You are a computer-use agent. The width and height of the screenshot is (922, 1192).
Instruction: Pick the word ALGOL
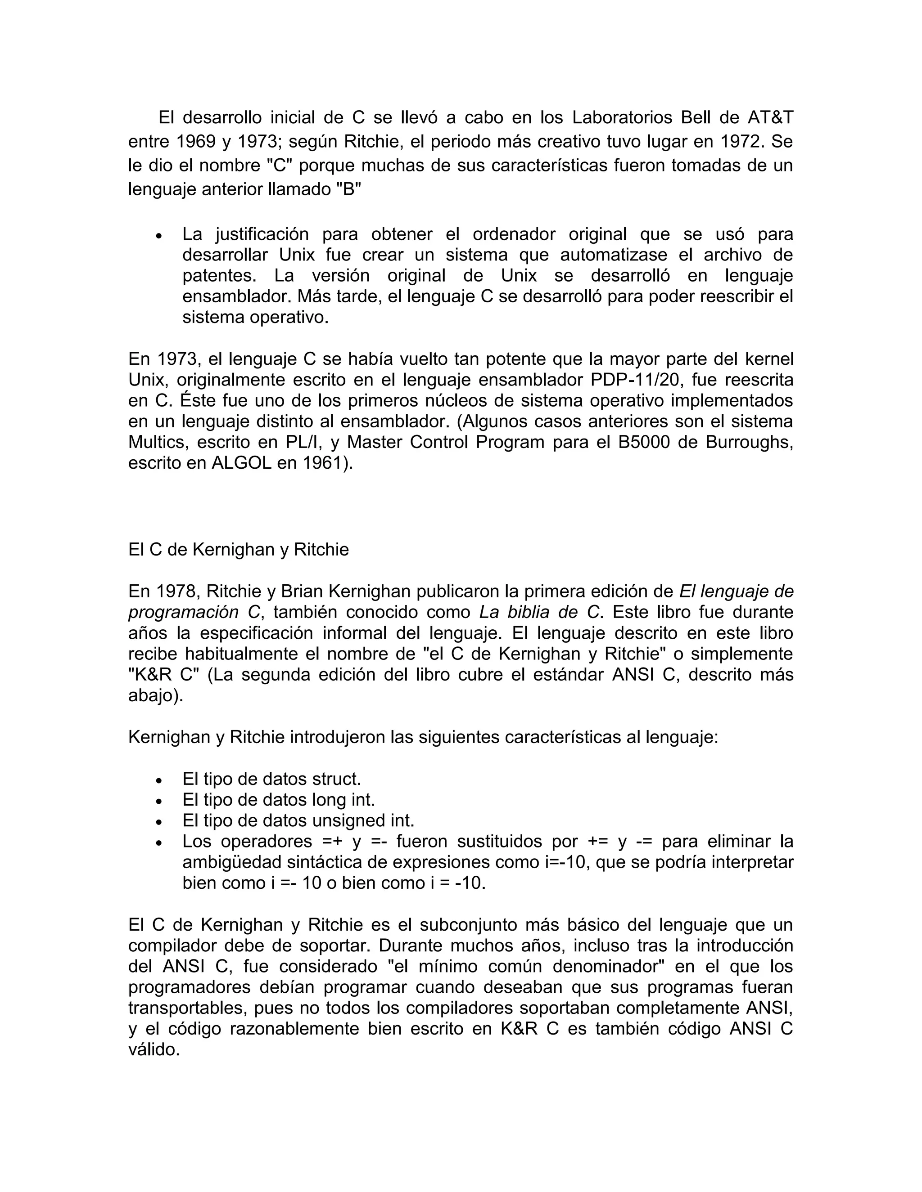241,463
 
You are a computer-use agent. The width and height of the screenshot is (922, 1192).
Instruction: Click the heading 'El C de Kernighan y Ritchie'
238,549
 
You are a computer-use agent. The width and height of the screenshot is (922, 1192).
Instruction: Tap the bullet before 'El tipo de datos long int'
159,801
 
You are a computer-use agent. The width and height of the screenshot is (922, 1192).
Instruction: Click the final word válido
154,1049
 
